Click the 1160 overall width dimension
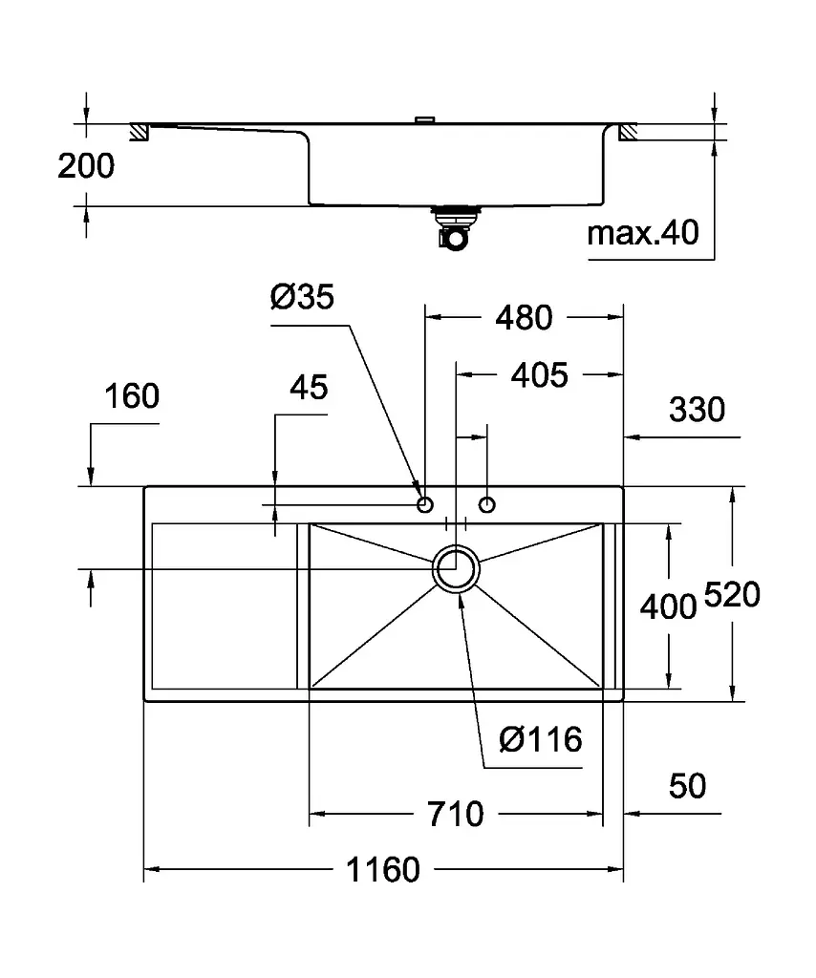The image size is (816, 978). pyautogui.click(x=383, y=869)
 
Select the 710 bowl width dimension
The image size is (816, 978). pyautogui.click(x=456, y=814)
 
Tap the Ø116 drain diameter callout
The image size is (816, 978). pyautogui.click(x=540, y=740)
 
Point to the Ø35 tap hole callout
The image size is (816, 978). pyautogui.click(x=302, y=296)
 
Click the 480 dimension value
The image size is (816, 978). pyautogui.click(x=524, y=317)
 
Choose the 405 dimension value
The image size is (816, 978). pyautogui.click(x=540, y=375)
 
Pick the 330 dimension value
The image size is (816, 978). pyautogui.click(x=697, y=410)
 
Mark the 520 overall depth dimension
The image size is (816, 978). pyautogui.click(x=733, y=594)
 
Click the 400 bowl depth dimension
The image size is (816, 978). pyautogui.click(x=668, y=606)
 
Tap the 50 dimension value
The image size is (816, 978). pyautogui.click(x=688, y=786)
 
